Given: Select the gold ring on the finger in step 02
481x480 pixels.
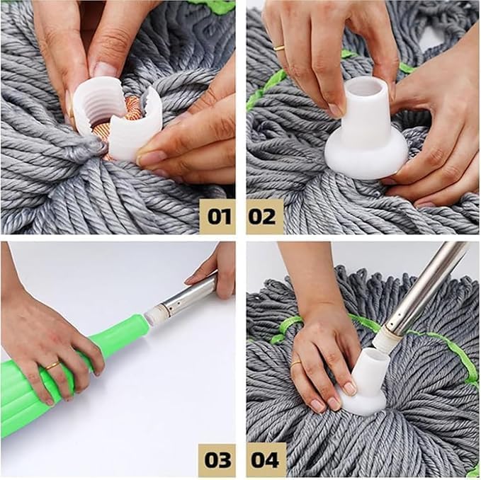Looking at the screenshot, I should click(x=279, y=48).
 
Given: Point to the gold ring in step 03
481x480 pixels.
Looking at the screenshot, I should click(x=52, y=365).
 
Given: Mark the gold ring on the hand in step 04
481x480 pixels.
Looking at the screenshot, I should click(x=295, y=362).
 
